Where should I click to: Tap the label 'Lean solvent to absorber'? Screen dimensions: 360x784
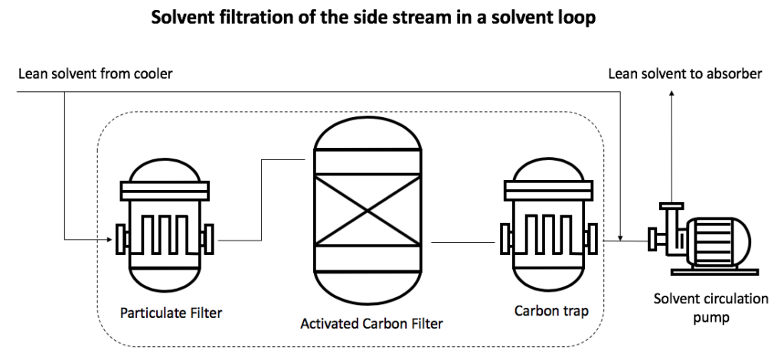point(684,74)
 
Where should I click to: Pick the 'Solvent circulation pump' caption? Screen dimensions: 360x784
point(710,307)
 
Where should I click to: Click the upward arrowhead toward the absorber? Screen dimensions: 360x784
point(671,94)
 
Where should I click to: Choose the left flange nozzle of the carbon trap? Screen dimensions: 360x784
point(504,238)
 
